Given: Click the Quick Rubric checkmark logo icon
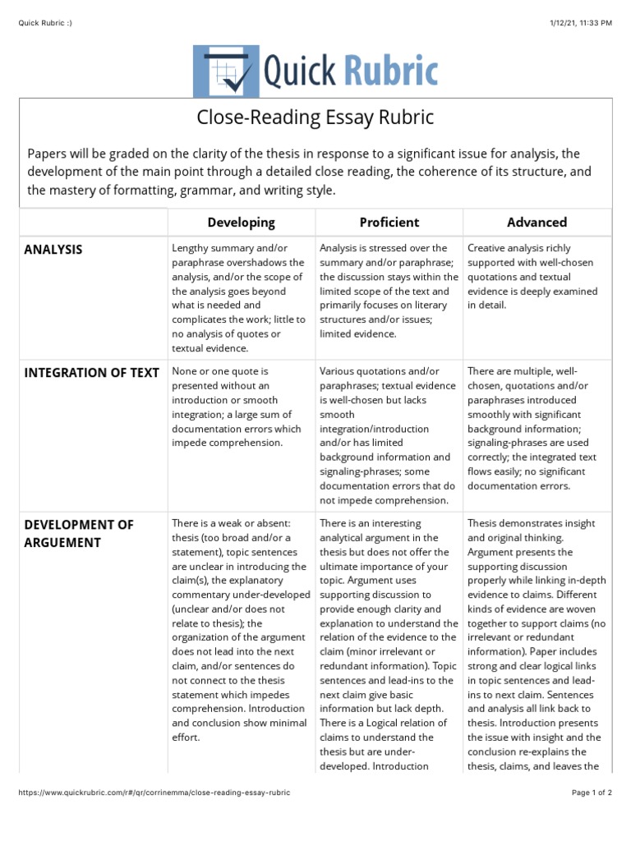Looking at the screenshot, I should pyautogui.click(x=224, y=71).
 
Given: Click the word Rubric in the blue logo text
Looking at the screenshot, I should pyautogui.click(x=389, y=72).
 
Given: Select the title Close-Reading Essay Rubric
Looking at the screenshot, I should pyautogui.click(x=315, y=118).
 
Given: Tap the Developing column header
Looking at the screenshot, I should pyautogui.click(x=241, y=222).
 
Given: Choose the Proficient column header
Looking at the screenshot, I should pyautogui.click(x=389, y=222).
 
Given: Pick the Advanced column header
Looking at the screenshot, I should pyautogui.click(x=537, y=222).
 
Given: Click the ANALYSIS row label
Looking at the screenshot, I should pyautogui.click(x=53, y=250).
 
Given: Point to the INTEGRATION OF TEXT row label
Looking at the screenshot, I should pyautogui.click(x=92, y=373).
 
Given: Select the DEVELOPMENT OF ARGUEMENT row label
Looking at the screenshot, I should pyautogui.click(x=79, y=533).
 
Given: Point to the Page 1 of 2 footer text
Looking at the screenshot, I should pyautogui.click(x=592, y=793).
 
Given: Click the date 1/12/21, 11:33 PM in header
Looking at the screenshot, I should pyautogui.click(x=579, y=22).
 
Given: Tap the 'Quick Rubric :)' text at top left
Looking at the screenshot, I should pyautogui.click(x=45, y=22).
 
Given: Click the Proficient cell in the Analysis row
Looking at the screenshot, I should pyautogui.click(x=389, y=291).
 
